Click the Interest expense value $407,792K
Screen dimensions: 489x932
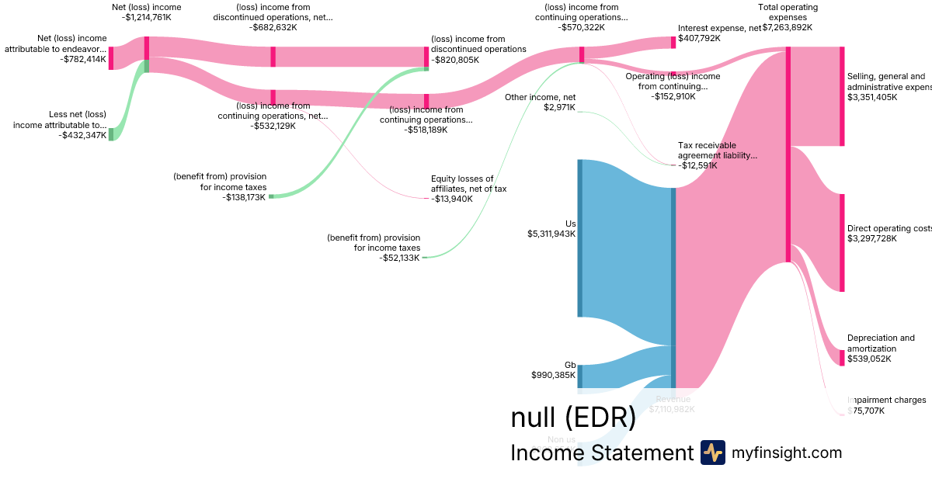click(699, 37)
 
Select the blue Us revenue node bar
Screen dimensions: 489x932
click(579, 238)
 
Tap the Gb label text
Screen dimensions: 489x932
click(570, 365)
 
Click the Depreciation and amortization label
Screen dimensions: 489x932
click(881, 343)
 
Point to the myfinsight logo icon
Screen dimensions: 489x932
click(712, 453)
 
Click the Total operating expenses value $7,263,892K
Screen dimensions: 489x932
click(787, 27)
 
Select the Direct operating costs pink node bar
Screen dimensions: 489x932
click(841, 242)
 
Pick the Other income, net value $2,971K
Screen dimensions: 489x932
click(559, 107)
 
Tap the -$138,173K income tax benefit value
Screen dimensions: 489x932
click(244, 197)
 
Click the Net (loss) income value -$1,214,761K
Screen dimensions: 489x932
click(146, 17)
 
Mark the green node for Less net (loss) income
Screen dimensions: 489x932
click(111, 134)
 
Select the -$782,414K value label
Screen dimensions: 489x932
click(82, 59)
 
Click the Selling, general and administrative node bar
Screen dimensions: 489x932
click(841, 96)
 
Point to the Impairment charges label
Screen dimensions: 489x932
click(887, 401)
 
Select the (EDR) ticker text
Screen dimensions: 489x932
click(600, 418)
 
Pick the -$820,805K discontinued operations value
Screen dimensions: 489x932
click(456, 59)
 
